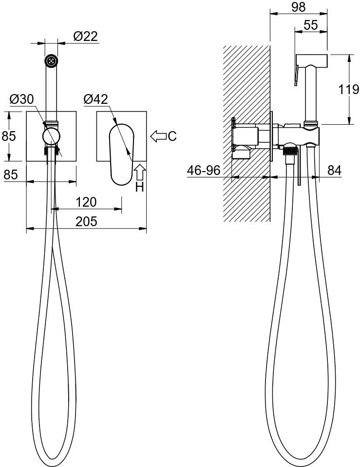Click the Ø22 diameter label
pyautogui.click(x=85, y=37)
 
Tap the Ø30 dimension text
pyautogui.click(x=22, y=99)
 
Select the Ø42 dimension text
pyautogui.click(x=96, y=99)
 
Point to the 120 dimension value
pyautogui.click(x=86, y=202)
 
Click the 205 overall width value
pyautogui.click(x=86, y=222)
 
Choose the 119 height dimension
pyautogui.click(x=349, y=89)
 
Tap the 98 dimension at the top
pyautogui.click(x=299, y=7)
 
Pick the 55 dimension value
pyautogui.click(x=311, y=25)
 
